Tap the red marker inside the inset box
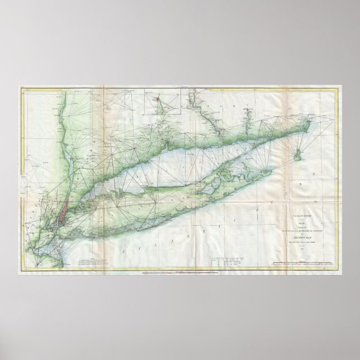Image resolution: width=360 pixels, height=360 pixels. click(158, 101)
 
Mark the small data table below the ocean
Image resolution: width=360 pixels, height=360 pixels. click(224, 262)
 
